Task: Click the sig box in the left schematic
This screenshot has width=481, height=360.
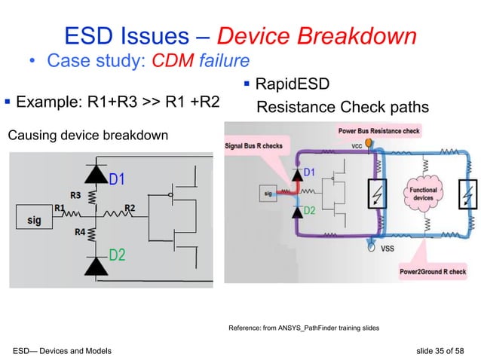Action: (35, 221)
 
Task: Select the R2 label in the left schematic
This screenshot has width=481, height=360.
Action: (130, 207)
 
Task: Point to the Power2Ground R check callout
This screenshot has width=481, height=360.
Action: (433, 271)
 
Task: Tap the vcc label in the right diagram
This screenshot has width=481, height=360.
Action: (358, 148)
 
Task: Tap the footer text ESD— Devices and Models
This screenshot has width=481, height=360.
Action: (62, 350)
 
